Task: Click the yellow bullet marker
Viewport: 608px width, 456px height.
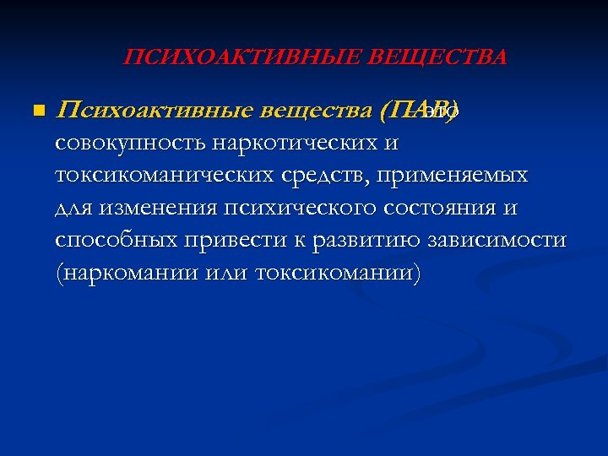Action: point(35,111)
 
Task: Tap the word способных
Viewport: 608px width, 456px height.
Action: point(116,240)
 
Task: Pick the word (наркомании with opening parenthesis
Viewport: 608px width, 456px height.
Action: point(121,272)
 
